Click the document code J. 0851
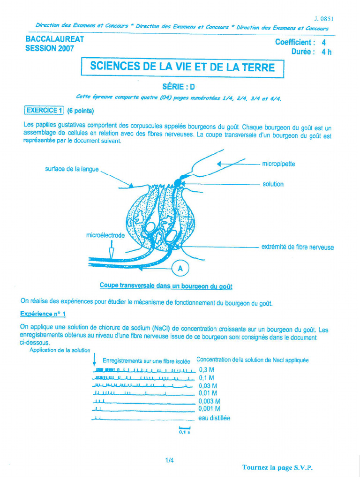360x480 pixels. [324, 19]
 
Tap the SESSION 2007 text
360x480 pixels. [49, 49]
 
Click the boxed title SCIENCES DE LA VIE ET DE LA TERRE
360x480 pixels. [182, 67]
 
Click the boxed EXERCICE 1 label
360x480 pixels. [44, 111]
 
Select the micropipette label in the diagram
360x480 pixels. [278, 164]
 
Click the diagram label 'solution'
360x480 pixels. [273, 184]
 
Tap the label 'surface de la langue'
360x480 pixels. [72, 169]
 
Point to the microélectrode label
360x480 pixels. [105, 235]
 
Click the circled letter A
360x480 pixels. [180, 269]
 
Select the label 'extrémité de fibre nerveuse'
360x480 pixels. [297, 247]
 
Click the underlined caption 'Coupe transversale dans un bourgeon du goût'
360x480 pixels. [166, 285]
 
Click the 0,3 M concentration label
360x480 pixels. [206, 370]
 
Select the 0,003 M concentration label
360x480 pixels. [209, 401]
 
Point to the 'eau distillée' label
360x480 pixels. [214, 418]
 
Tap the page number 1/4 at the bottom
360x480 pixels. [169, 460]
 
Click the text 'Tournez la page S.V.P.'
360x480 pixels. [277, 467]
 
